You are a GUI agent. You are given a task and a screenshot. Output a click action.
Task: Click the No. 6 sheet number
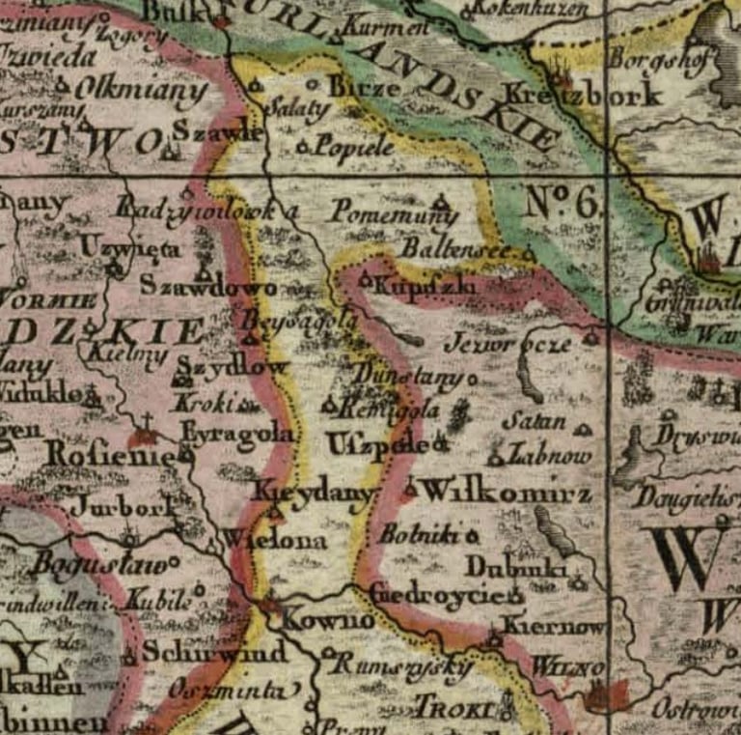(563, 202)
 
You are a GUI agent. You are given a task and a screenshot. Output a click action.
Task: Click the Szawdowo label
(207, 286)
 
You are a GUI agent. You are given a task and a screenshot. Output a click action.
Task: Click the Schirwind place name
(214, 653)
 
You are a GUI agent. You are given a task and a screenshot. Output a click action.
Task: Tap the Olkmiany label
(141, 92)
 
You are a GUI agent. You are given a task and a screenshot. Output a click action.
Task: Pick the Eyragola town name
(237, 435)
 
